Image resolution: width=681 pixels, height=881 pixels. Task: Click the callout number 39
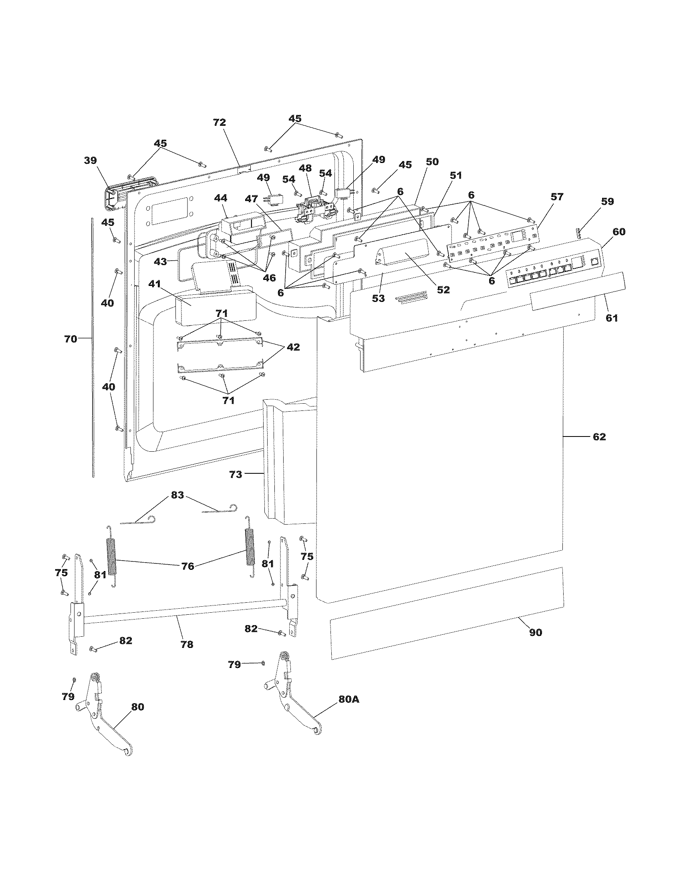point(91,161)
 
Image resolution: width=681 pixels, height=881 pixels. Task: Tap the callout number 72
point(220,123)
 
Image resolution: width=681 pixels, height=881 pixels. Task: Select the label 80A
point(349,699)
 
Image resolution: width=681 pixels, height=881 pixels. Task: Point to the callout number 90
point(535,632)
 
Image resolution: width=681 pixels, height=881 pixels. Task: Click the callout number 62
point(599,436)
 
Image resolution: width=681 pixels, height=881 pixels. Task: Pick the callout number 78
point(187,644)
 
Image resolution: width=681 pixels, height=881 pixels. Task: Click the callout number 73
point(236,475)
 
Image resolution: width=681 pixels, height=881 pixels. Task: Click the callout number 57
point(556,197)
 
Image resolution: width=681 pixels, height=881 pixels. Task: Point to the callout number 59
point(607,201)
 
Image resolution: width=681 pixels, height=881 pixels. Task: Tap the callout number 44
point(220,198)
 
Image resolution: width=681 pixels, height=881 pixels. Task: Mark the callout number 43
point(160,261)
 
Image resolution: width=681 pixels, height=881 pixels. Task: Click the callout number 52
point(443,290)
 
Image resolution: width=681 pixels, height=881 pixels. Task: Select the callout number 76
point(187,566)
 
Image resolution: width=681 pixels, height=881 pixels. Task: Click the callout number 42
point(293,347)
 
